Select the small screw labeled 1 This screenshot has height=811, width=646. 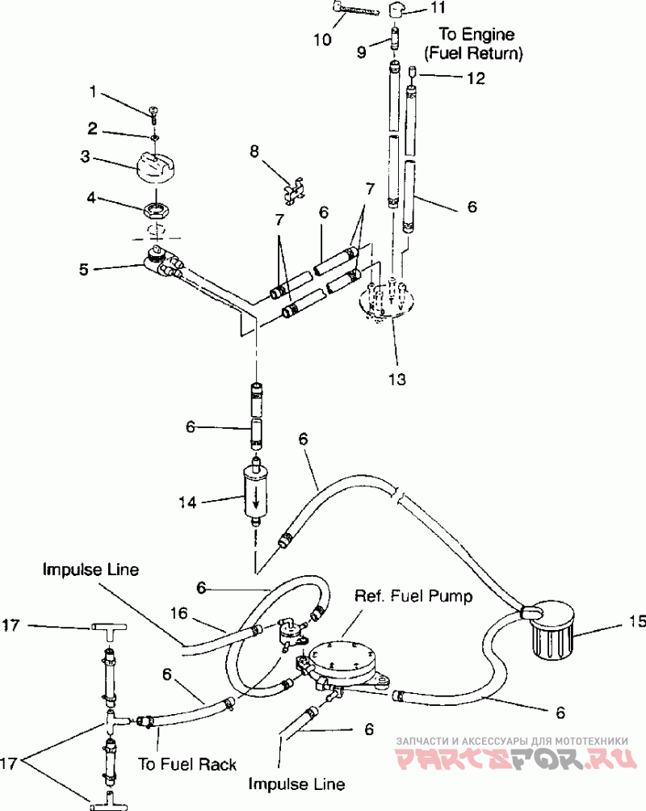(153, 114)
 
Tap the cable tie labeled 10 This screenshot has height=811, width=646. (352, 11)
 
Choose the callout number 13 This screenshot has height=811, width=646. (397, 380)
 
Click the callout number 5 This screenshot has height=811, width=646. (84, 270)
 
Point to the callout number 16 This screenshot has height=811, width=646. (179, 613)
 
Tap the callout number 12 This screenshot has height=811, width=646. (476, 78)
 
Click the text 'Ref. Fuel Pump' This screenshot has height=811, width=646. (413, 596)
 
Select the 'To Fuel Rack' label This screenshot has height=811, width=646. (187, 764)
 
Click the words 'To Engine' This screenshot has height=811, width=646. (476, 35)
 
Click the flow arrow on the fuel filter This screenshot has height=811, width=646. (255, 498)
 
